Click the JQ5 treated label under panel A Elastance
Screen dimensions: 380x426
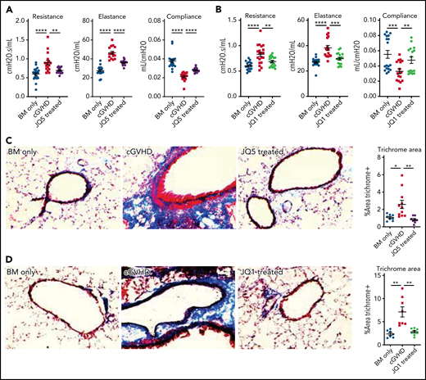[x=123, y=115]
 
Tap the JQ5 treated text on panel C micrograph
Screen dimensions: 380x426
[x=263, y=152]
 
